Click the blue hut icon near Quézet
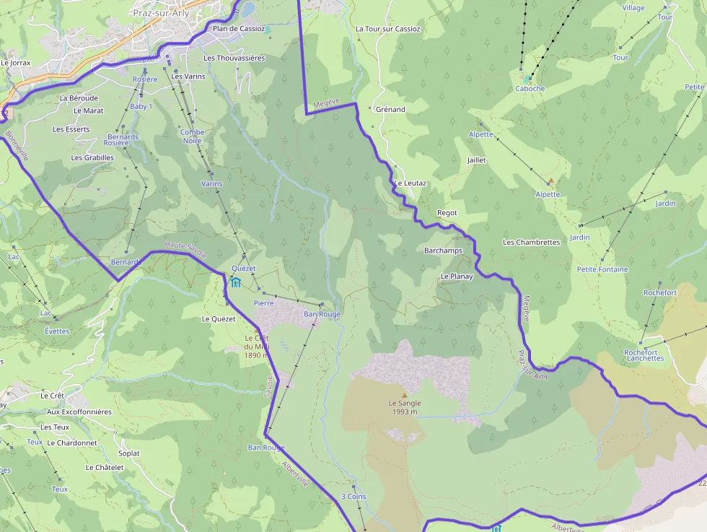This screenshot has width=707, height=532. pyautogui.click(x=236, y=282)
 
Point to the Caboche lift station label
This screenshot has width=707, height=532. pyautogui.click(x=530, y=89)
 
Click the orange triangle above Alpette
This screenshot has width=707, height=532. pyautogui.click(x=550, y=181)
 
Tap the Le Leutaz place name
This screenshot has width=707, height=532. pyautogui.click(x=410, y=183)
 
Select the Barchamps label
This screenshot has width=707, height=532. pyautogui.click(x=443, y=250)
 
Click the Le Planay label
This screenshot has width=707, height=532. pyautogui.click(x=457, y=276)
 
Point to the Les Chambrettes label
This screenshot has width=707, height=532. pyautogui.click(x=531, y=243)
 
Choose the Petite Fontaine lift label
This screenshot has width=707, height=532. pyautogui.click(x=602, y=269)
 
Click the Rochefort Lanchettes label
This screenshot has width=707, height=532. pyautogui.click(x=644, y=355)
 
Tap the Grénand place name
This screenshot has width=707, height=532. pyautogui.click(x=390, y=110)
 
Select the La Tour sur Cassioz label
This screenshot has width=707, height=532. pyautogui.click(x=387, y=29)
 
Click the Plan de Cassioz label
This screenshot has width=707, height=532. pyautogui.click(x=238, y=29)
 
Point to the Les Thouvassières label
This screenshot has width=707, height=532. pyautogui.click(x=234, y=58)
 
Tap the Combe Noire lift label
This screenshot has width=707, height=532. pyautogui.click(x=192, y=136)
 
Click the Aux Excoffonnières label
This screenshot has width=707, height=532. pyautogui.click(x=79, y=411)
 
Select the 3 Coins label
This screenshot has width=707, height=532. pyautogui.click(x=353, y=497)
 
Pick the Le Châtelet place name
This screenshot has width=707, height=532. pyautogui.click(x=105, y=468)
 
